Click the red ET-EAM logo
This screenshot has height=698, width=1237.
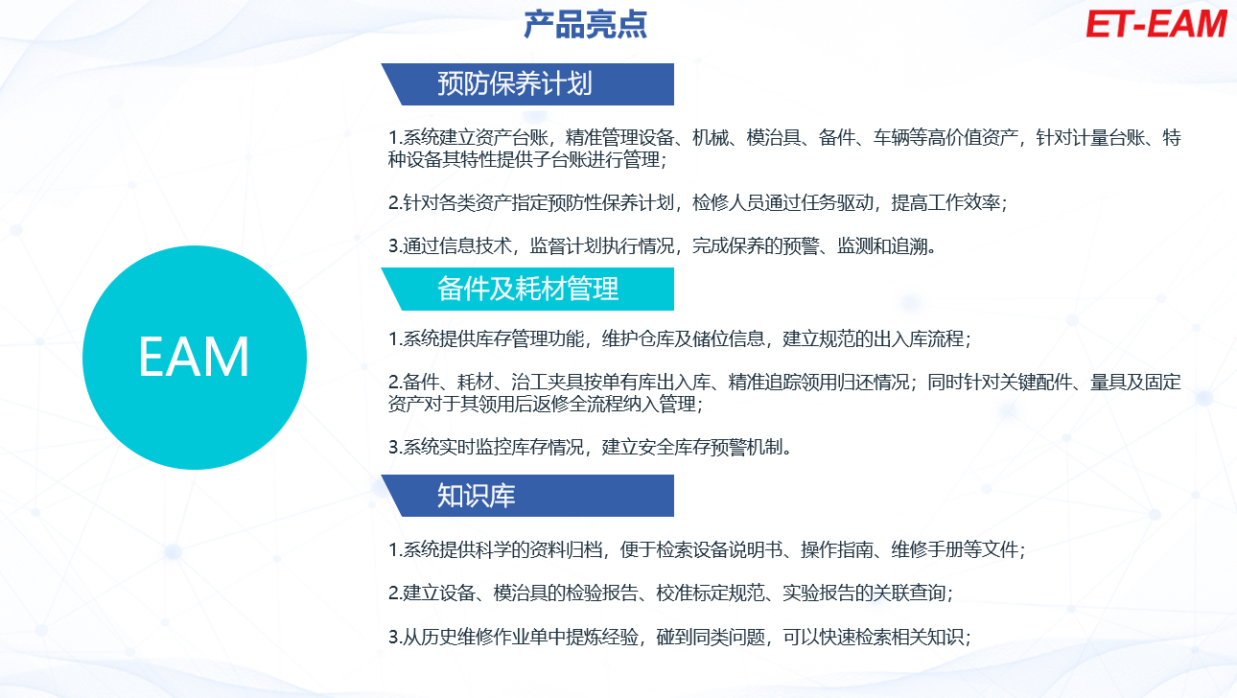[1155, 25]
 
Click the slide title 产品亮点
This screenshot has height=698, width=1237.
[585, 25]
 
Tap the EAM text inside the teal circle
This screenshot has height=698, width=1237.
[194, 358]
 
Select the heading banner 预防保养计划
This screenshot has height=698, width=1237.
[527, 84]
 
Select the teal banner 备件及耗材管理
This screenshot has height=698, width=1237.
[527, 289]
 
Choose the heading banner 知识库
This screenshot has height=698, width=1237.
[527, 496]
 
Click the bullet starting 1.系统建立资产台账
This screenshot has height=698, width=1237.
[784, 149]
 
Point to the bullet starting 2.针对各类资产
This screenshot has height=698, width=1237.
[698, 202]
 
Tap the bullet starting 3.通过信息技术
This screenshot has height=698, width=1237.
[663, 245]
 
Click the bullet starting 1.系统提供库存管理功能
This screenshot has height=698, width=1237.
[680, 338]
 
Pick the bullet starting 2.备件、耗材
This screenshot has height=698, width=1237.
[784, 393]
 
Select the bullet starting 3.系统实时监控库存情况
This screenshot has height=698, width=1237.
[590, 447]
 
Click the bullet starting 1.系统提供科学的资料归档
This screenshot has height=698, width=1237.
[707, 549]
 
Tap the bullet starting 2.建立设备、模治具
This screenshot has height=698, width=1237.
[671, 593]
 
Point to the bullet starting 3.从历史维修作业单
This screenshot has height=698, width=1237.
[680, 637]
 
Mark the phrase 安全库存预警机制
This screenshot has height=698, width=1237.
[711, 447]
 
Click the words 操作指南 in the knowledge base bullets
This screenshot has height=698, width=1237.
[837, 549]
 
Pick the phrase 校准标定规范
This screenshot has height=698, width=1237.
[711, 593]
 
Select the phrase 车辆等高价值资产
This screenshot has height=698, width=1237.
[945, 137]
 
